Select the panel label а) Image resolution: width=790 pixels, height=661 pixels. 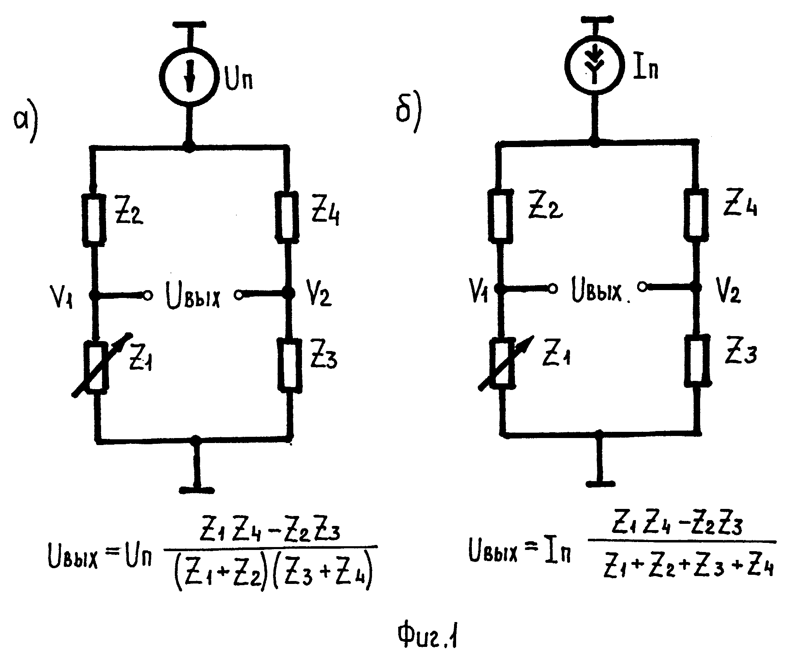[24, 123]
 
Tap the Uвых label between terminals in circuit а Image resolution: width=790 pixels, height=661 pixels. [192, 296]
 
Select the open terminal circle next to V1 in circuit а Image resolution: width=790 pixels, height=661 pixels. [147, 295]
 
